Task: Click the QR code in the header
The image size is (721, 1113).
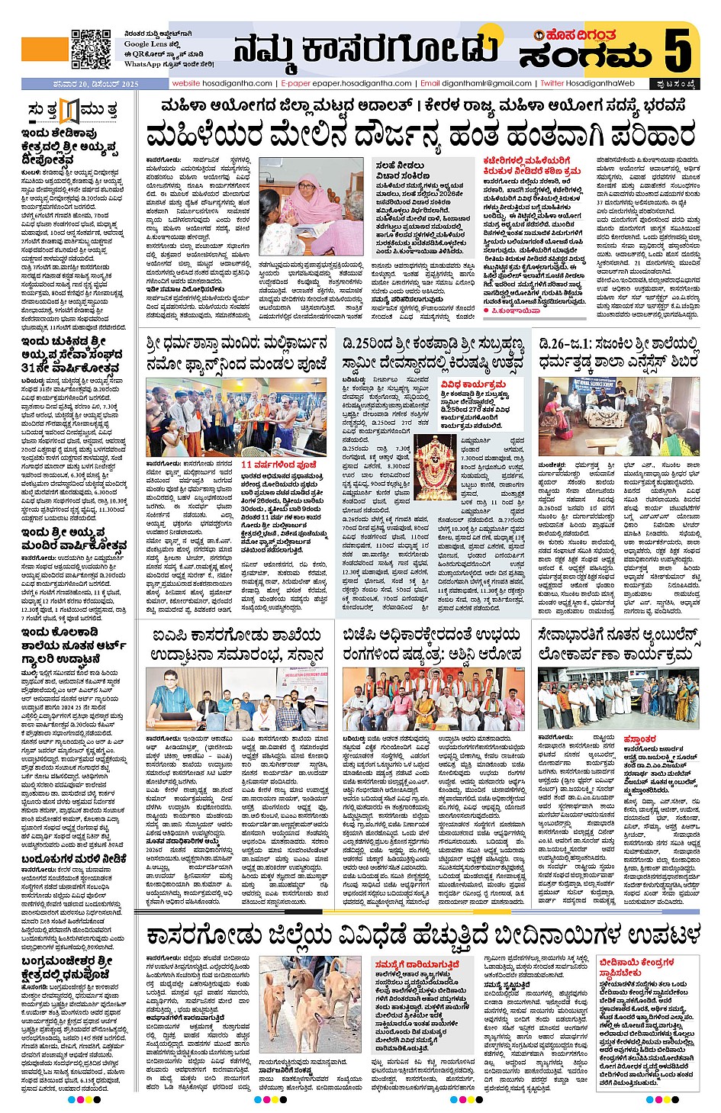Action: [x=91, y=49]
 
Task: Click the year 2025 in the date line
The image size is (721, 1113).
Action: [x=129, y=83]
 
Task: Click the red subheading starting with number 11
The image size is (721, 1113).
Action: [x=278, y=463]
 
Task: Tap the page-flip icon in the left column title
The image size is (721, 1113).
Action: [x=70, y=111]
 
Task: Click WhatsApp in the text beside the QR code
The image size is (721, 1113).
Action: [x=143, y=64]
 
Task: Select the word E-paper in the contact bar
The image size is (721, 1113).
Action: [x=296, y=83]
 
